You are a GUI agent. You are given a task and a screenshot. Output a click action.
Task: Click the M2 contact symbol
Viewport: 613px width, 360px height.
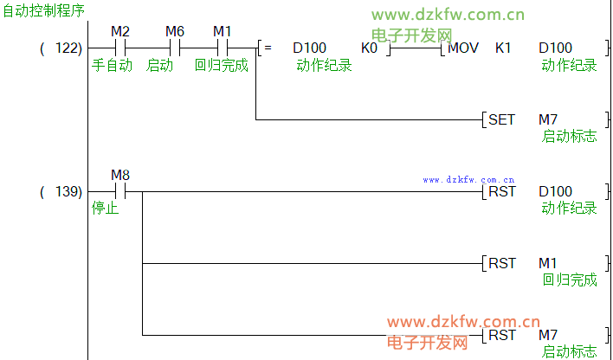120,48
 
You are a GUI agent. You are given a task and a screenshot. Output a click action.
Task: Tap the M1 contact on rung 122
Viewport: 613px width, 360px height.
223,48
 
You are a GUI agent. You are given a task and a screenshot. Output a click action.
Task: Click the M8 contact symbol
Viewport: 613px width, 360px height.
120,191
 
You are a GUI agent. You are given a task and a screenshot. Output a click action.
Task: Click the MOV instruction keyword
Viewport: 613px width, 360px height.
464,48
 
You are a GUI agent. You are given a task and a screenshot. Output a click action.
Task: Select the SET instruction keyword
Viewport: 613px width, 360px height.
502,119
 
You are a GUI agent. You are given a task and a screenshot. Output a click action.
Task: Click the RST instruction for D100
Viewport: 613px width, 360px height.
502,191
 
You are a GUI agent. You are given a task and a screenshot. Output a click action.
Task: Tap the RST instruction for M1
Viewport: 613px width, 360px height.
502,262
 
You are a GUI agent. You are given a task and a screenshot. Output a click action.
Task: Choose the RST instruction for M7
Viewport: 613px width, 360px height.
502,334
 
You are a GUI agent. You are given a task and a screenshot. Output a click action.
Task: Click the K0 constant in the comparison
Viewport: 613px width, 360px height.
369,48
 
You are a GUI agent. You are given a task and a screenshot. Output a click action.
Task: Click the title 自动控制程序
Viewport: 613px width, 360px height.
43,10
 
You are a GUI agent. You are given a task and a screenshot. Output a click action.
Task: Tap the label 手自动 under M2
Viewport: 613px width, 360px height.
112,65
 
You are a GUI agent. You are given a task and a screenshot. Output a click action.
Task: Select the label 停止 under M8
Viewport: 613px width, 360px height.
105,209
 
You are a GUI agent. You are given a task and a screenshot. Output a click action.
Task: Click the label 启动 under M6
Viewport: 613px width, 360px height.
160,65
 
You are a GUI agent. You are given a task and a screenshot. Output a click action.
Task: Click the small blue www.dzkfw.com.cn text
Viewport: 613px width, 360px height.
468,180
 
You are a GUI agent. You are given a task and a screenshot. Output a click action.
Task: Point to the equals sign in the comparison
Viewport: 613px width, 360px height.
268,48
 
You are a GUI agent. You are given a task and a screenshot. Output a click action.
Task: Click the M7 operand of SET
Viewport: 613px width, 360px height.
548,119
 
